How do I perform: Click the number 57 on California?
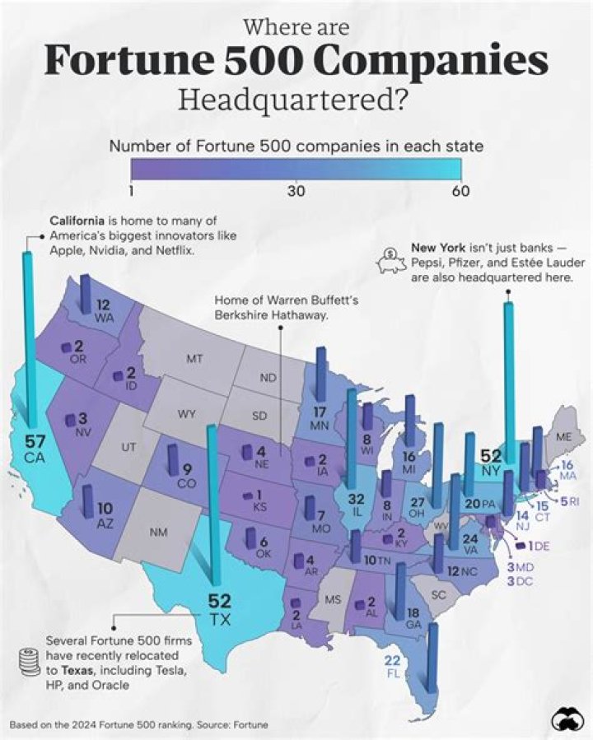click(35, 440)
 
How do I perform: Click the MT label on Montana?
click(194, 359)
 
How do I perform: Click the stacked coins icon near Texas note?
click(28, 662)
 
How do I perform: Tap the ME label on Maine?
click(565, 437)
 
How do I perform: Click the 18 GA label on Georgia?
click(413, 617)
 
